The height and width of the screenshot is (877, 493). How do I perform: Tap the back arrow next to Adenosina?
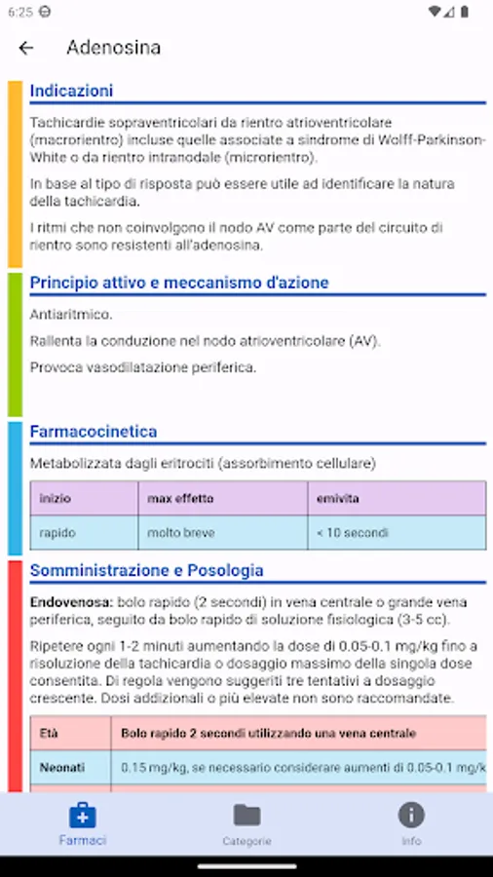pos(26,48)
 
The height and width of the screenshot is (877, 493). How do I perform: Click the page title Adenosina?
pos(113,48)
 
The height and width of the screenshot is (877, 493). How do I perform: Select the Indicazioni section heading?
pos(71,91)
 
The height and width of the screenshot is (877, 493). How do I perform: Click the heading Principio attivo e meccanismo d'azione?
pos(178,283)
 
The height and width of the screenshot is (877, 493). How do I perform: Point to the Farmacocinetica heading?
pos(93,431)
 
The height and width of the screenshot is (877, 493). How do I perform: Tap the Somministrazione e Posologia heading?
pos(146,570)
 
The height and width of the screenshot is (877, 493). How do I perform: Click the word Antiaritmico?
pos(71,314)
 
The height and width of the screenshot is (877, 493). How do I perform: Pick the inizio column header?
pos(55,498)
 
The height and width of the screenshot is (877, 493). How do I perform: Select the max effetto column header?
pos(180,498)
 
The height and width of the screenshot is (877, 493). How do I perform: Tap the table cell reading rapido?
pos(57,533)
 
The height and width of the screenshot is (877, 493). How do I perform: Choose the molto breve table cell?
pos(181,533)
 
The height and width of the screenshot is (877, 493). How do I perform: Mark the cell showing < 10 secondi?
pos(352,533)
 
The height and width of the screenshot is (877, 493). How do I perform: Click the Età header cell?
pos(49,733)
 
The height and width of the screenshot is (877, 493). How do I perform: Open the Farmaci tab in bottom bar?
pos(82,823)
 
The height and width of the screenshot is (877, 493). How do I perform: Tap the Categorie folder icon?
pos(246,816)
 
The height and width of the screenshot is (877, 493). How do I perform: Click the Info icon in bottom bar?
pos(411,816)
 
